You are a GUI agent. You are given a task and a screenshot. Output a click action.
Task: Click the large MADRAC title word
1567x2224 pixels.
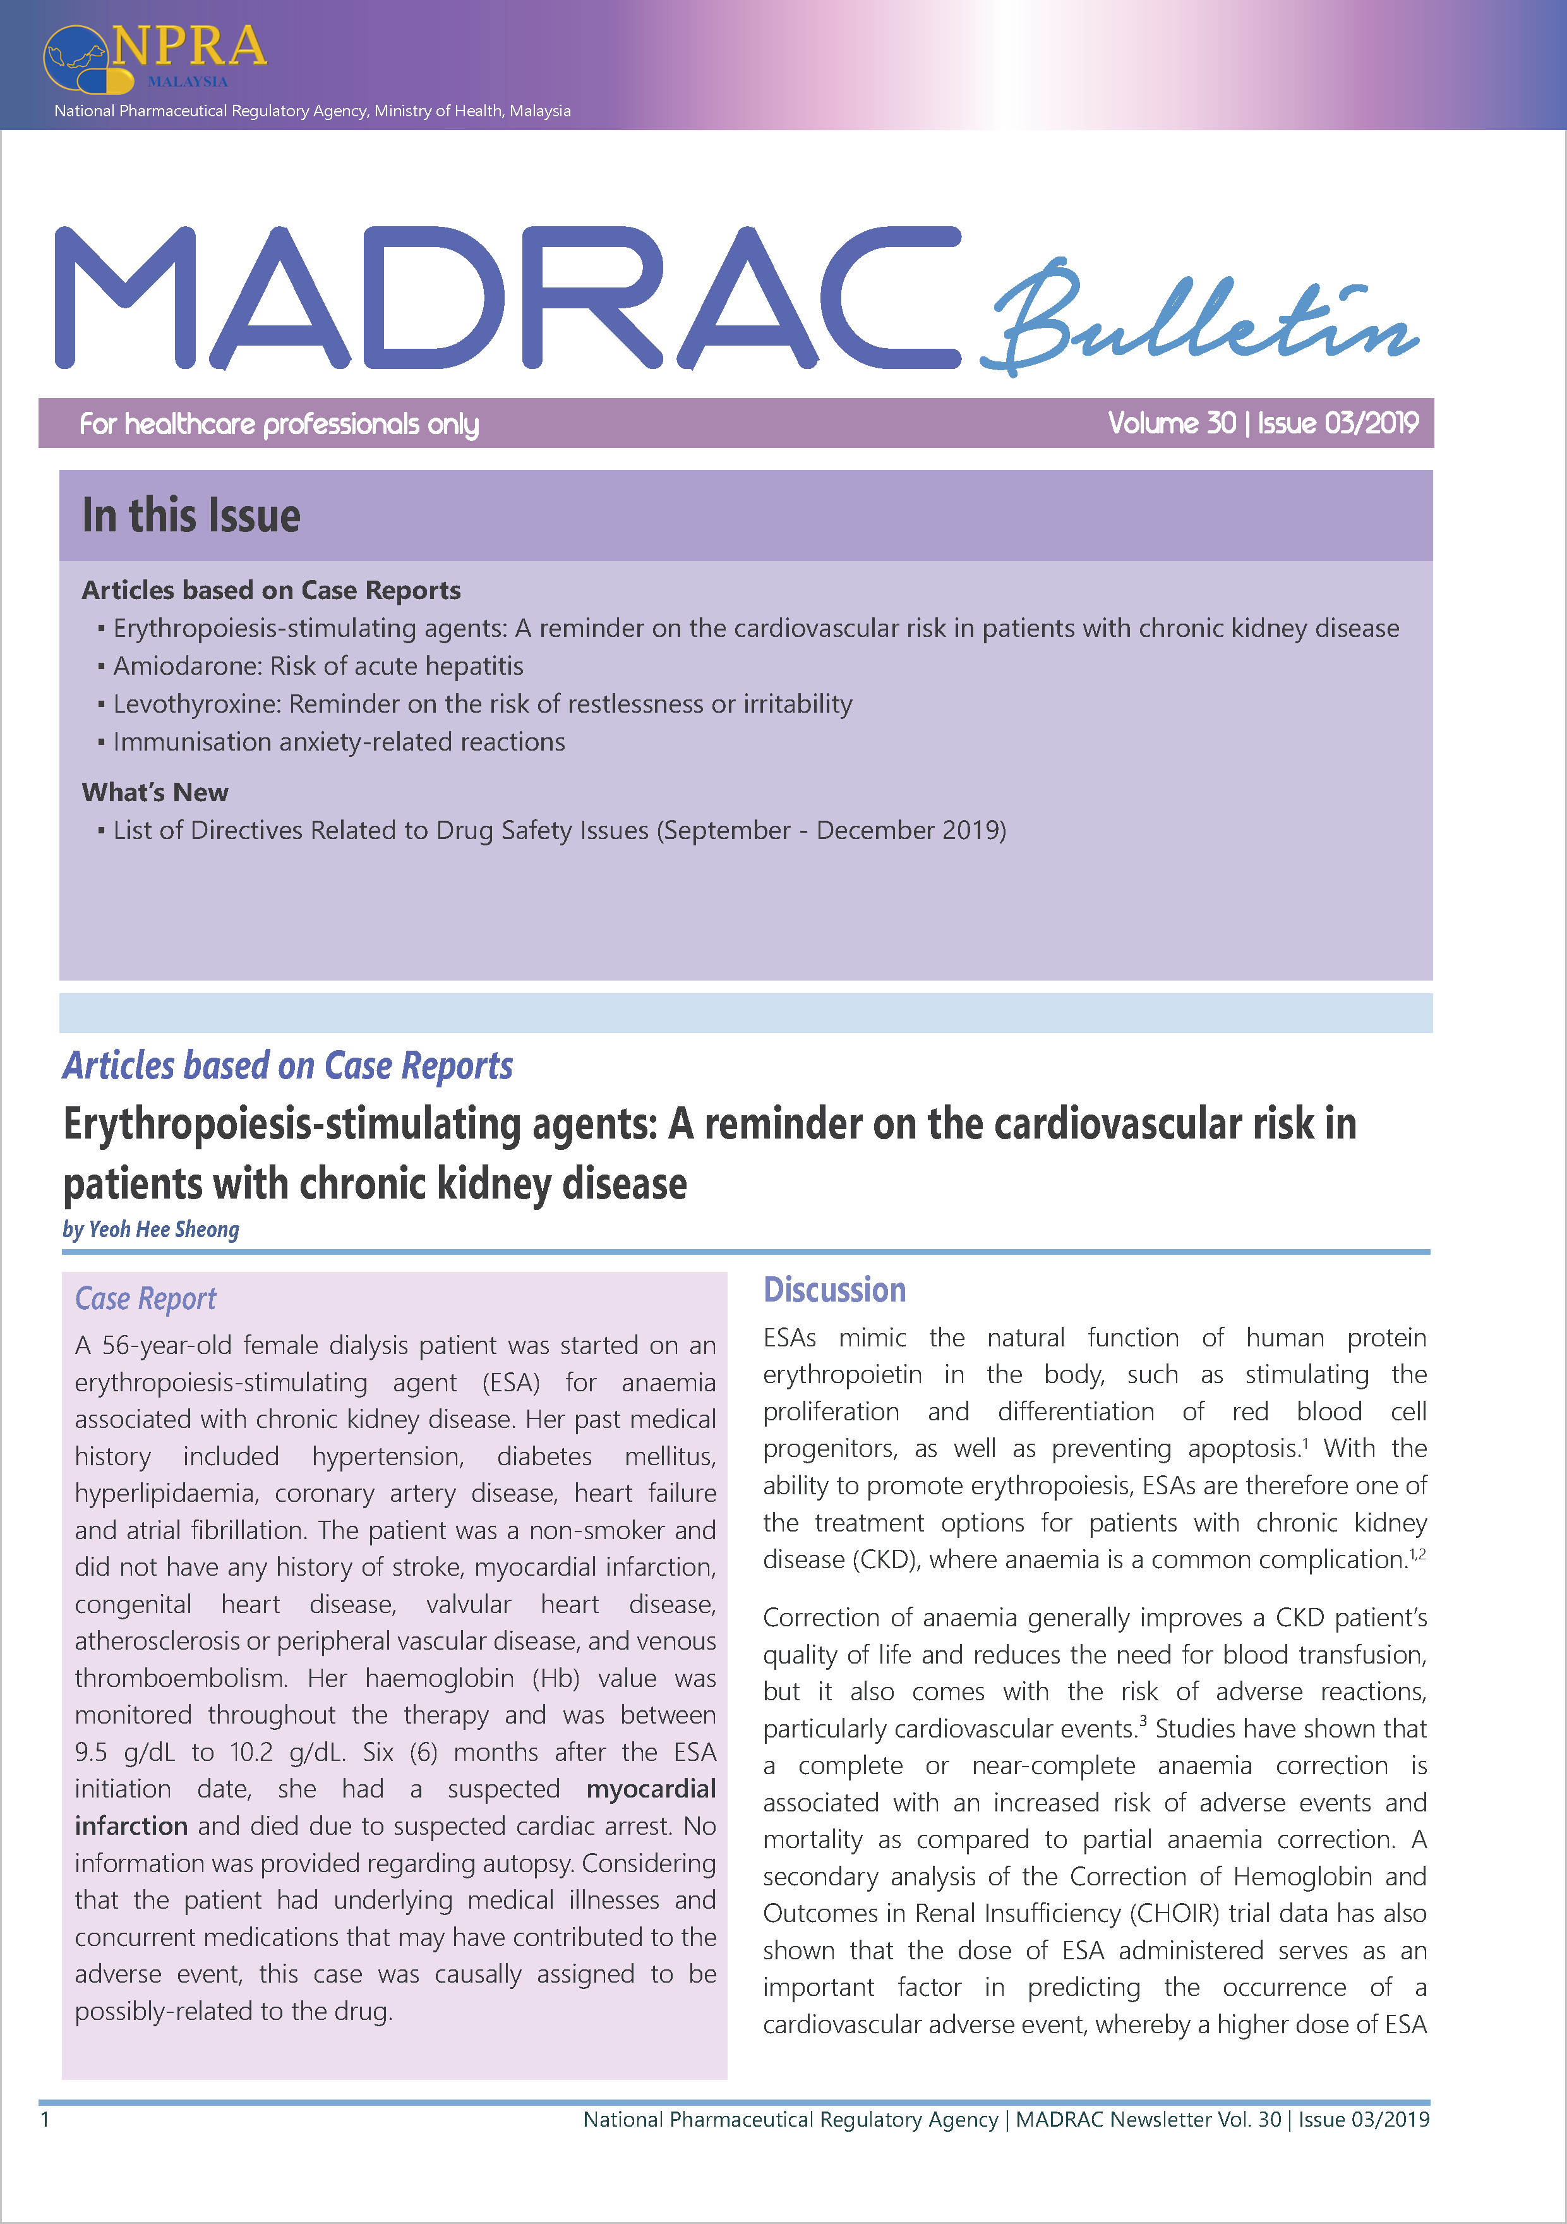(x=503, y=298)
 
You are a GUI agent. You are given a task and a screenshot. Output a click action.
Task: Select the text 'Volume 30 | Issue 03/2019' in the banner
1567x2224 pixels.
(x=1263, y=423)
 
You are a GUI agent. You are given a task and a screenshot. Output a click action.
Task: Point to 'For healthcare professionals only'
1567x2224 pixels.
(x=279, y=424)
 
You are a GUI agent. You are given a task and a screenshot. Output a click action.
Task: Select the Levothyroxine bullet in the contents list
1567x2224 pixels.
(x=483, y=704)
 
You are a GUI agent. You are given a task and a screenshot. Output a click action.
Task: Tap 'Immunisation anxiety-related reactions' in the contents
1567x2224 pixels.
(x=339, y=742)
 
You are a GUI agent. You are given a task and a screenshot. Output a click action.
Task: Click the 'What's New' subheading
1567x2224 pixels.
(x=155, y=792)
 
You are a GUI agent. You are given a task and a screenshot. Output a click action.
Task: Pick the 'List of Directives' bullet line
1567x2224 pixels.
(x=559, y=830)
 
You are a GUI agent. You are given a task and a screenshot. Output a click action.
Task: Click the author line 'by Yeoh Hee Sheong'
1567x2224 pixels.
(x=151, y=1230)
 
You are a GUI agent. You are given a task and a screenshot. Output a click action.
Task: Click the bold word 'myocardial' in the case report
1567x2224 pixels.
(x=651, y=1789)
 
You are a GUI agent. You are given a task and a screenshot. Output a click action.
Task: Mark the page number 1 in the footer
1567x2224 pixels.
(x=45, y=2119)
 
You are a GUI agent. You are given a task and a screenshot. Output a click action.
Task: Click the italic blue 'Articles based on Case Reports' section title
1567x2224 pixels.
(x=287, y=1065)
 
